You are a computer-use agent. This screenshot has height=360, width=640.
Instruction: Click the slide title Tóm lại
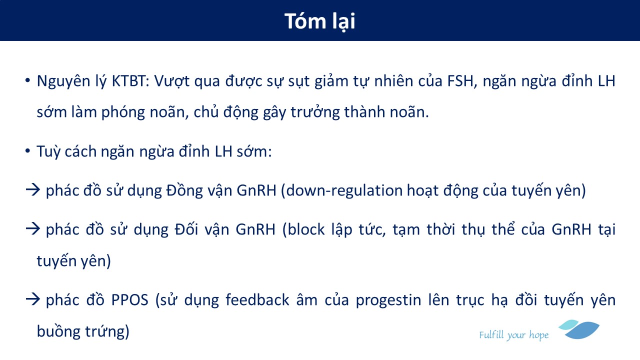(x=319, y=21)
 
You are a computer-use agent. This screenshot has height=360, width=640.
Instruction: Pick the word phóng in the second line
(x=123, y=112)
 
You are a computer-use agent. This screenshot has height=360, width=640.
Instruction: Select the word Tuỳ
(x=48, y=151)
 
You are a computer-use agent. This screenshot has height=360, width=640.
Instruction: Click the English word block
(x=306, y=229)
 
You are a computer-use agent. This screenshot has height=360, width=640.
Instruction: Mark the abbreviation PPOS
(x=129, y=300)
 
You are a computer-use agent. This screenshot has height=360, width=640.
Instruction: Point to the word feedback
(x=257, y=299)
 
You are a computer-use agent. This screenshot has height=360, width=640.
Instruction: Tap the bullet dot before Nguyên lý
(x=27, y=80)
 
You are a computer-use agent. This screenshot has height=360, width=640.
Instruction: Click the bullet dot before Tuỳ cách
(x=27, y=150)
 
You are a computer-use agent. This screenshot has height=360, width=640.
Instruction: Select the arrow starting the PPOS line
(x=33, y=299)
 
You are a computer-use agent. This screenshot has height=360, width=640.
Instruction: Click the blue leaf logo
(x=579, y=329)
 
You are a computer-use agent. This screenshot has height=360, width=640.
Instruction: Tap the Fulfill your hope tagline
(x=513, y=335)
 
